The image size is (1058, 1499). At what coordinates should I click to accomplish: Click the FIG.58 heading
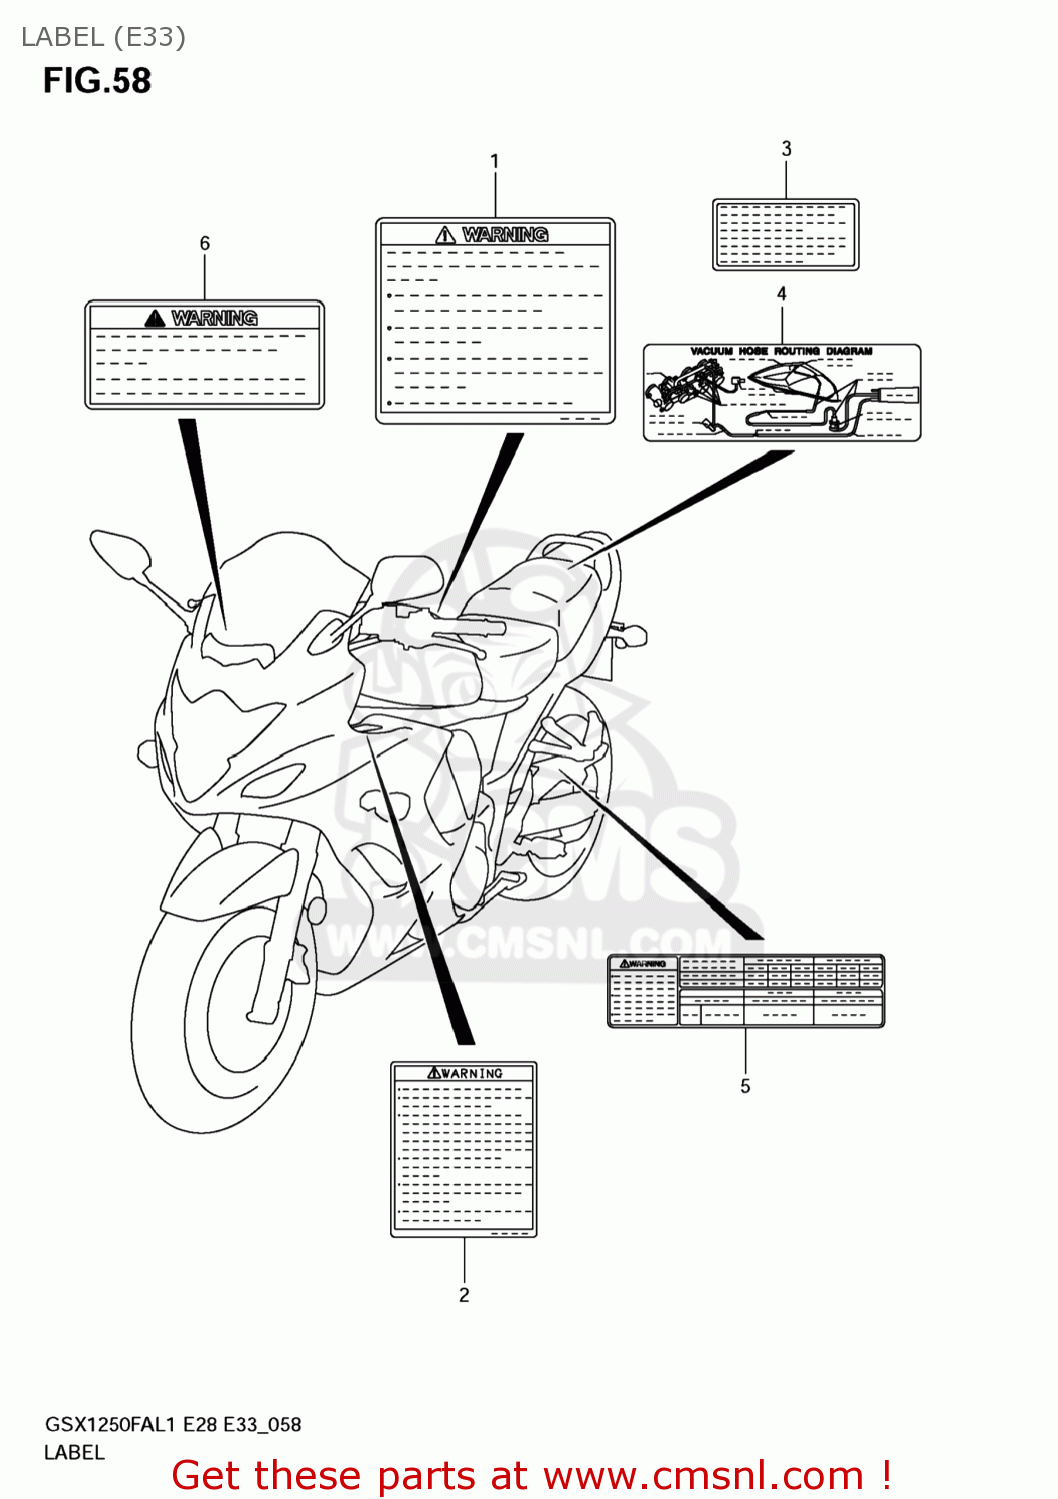tap(97, 81)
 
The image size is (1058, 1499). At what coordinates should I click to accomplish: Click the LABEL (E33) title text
tap(103, 37)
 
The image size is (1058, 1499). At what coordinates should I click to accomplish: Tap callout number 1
tap(494, 161)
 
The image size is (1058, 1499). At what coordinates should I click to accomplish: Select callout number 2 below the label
tap(464, 1294)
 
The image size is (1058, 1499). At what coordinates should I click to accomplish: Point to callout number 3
tap(786, 149)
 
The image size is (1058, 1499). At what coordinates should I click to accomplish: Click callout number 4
tap(782, 293)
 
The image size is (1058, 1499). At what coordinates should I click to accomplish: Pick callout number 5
tap(745, 1085)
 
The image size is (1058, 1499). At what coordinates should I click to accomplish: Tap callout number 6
tap(205, 243)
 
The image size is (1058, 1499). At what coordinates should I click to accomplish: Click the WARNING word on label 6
tap(214, 318)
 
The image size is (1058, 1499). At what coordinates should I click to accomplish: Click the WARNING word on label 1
tap(505, 234)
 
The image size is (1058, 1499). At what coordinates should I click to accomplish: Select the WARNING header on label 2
tap(465, 1073)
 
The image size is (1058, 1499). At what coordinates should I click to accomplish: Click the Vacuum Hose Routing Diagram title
tap(781, 352)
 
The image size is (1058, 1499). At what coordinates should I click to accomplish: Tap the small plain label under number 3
tap(785, 235)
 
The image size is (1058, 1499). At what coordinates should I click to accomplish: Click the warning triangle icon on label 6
tap(154, 318)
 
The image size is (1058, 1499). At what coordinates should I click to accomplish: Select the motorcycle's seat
tap(520, 600)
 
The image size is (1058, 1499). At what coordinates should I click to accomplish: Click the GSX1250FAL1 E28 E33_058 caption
tap(173, 1424)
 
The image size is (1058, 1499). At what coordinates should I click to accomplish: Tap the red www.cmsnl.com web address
tap(706, 1475)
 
